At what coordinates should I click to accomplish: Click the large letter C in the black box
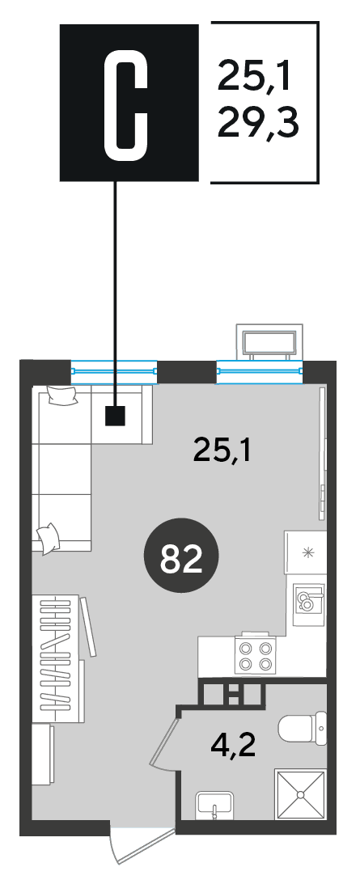pos(126,104)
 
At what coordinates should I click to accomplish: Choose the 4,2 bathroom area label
pos(232,747)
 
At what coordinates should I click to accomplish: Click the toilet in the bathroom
pos(303,729)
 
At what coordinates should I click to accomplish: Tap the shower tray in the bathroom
pos(301,794)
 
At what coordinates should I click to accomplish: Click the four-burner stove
pos(255,656)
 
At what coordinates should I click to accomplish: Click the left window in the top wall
pos(114,370)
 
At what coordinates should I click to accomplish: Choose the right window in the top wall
pos(260,370)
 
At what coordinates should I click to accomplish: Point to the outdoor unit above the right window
pos(268,341)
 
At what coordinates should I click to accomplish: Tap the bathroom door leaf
pos(163,737)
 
